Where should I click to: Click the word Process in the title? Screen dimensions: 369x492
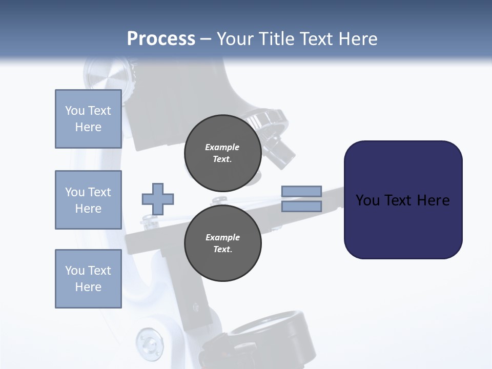click(x=161, y=39)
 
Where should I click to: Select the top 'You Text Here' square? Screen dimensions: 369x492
click(x=88, y=119)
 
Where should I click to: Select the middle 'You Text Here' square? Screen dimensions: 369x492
click(x=88, y=200)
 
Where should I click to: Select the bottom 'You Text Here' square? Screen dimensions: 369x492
click(x=88, y=279)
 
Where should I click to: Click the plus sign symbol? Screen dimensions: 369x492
click(x=158, y=199)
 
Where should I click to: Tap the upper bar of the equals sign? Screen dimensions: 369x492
click(x=301, y=191)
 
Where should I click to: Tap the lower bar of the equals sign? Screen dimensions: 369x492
click(x=301, y=206)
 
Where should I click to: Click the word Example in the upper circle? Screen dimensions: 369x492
click(x=222, y=147)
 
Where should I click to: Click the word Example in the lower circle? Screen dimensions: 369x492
click(x=222, y=237)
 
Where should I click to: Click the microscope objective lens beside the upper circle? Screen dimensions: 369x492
click(x=281, y=153)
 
